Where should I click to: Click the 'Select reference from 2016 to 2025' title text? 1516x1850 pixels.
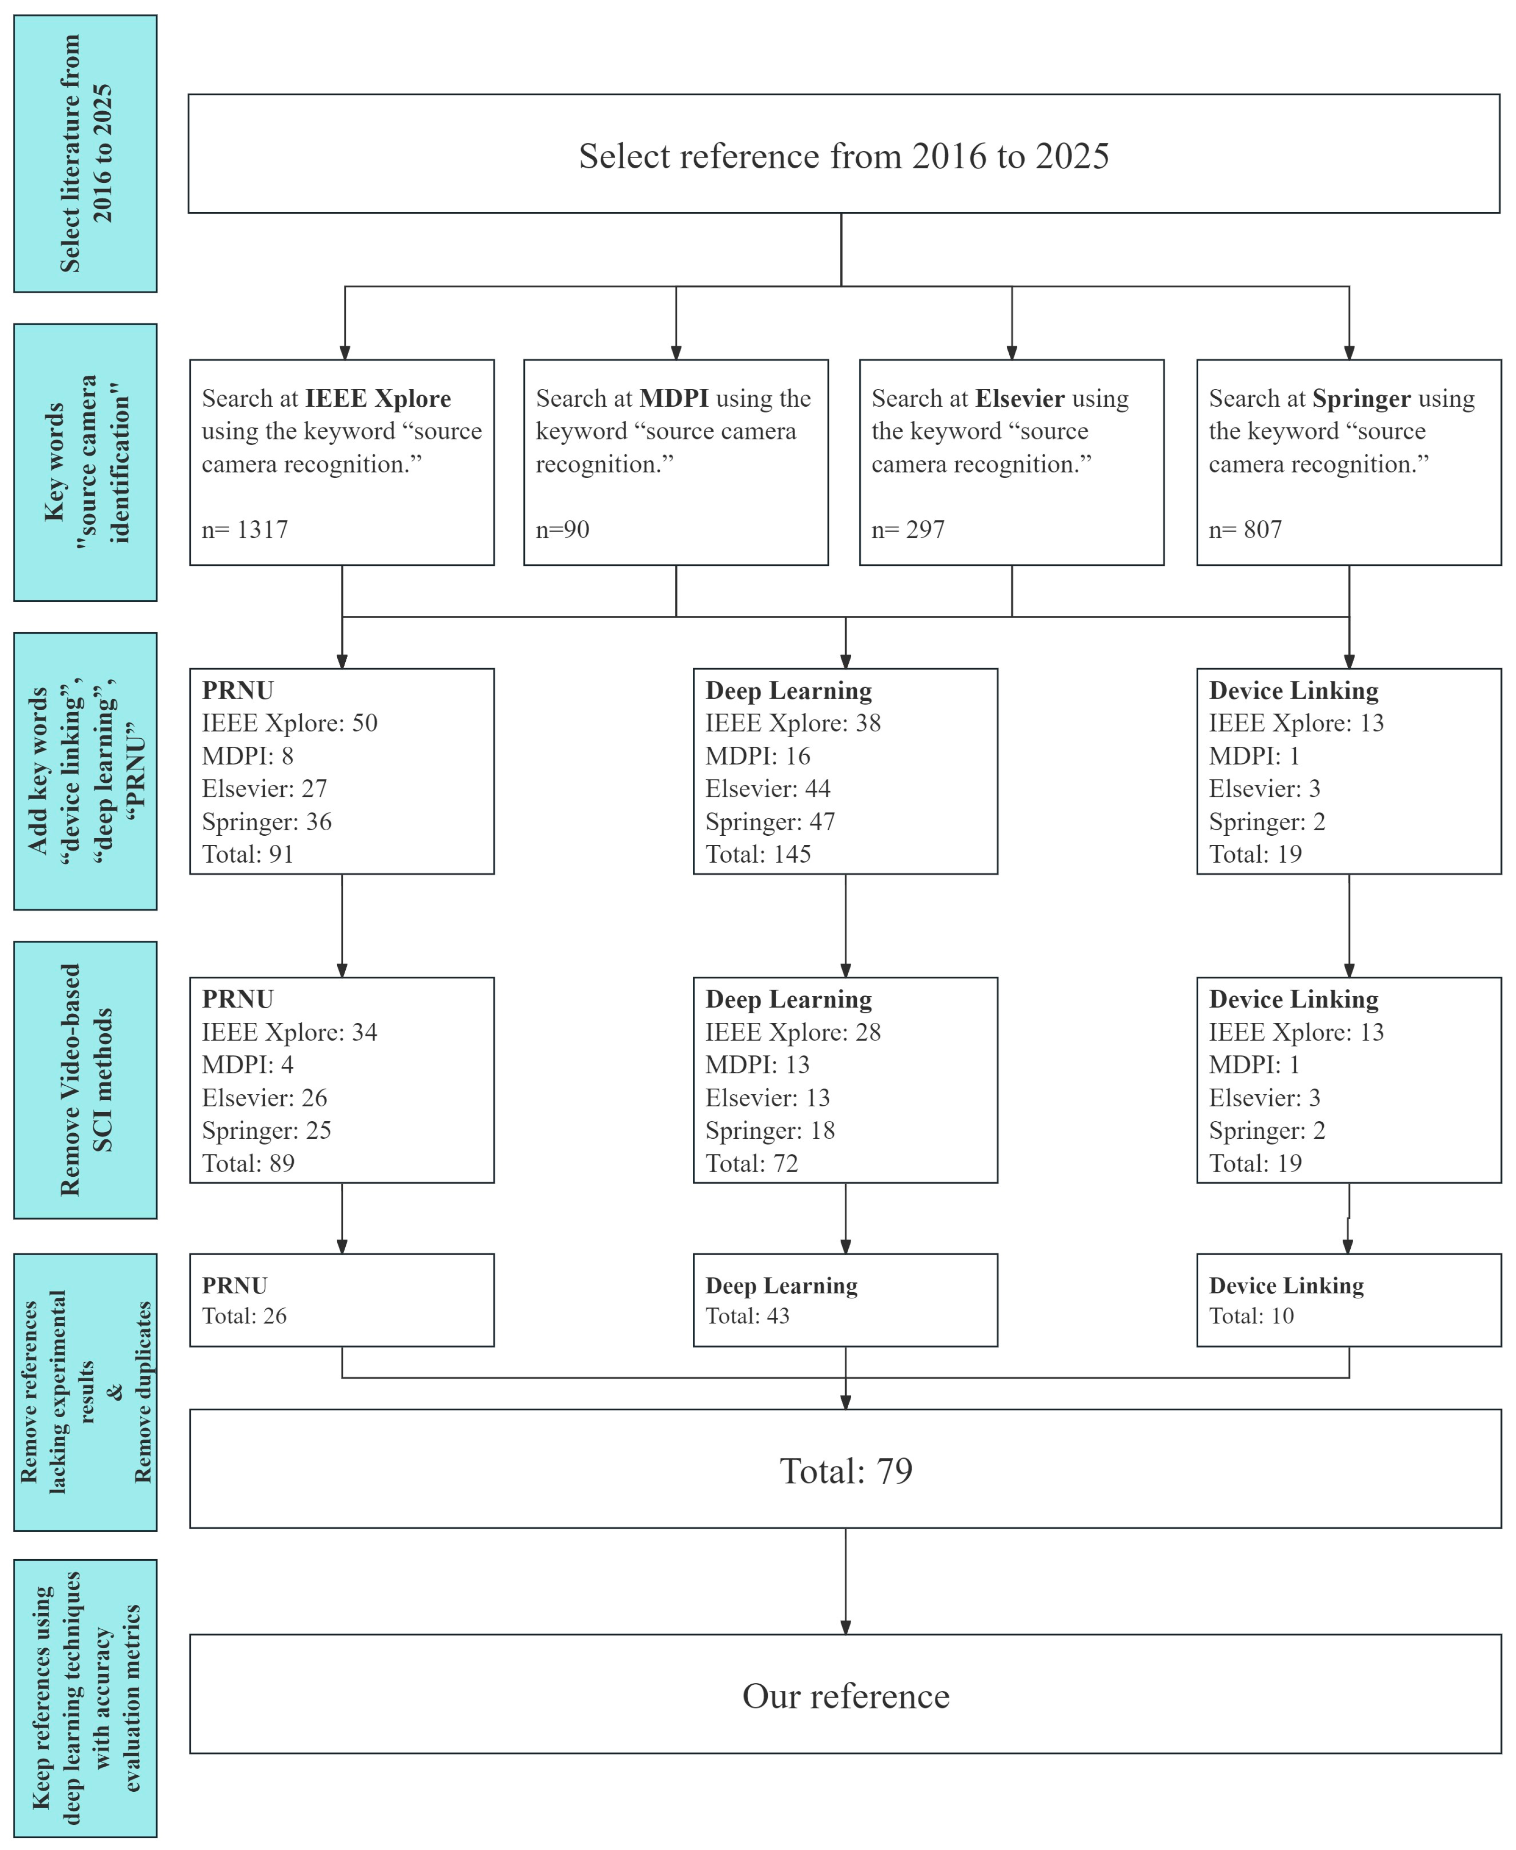tap(843, 156)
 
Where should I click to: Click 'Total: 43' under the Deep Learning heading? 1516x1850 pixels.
tap(747, 1316)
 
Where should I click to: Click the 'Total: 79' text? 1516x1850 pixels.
tap(845, 1471)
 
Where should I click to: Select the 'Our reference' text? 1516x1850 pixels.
tap(845, 1696)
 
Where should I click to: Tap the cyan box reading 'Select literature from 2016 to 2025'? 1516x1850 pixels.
tap(86, 154)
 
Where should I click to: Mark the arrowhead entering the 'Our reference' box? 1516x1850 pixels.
tap(845, 1627)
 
